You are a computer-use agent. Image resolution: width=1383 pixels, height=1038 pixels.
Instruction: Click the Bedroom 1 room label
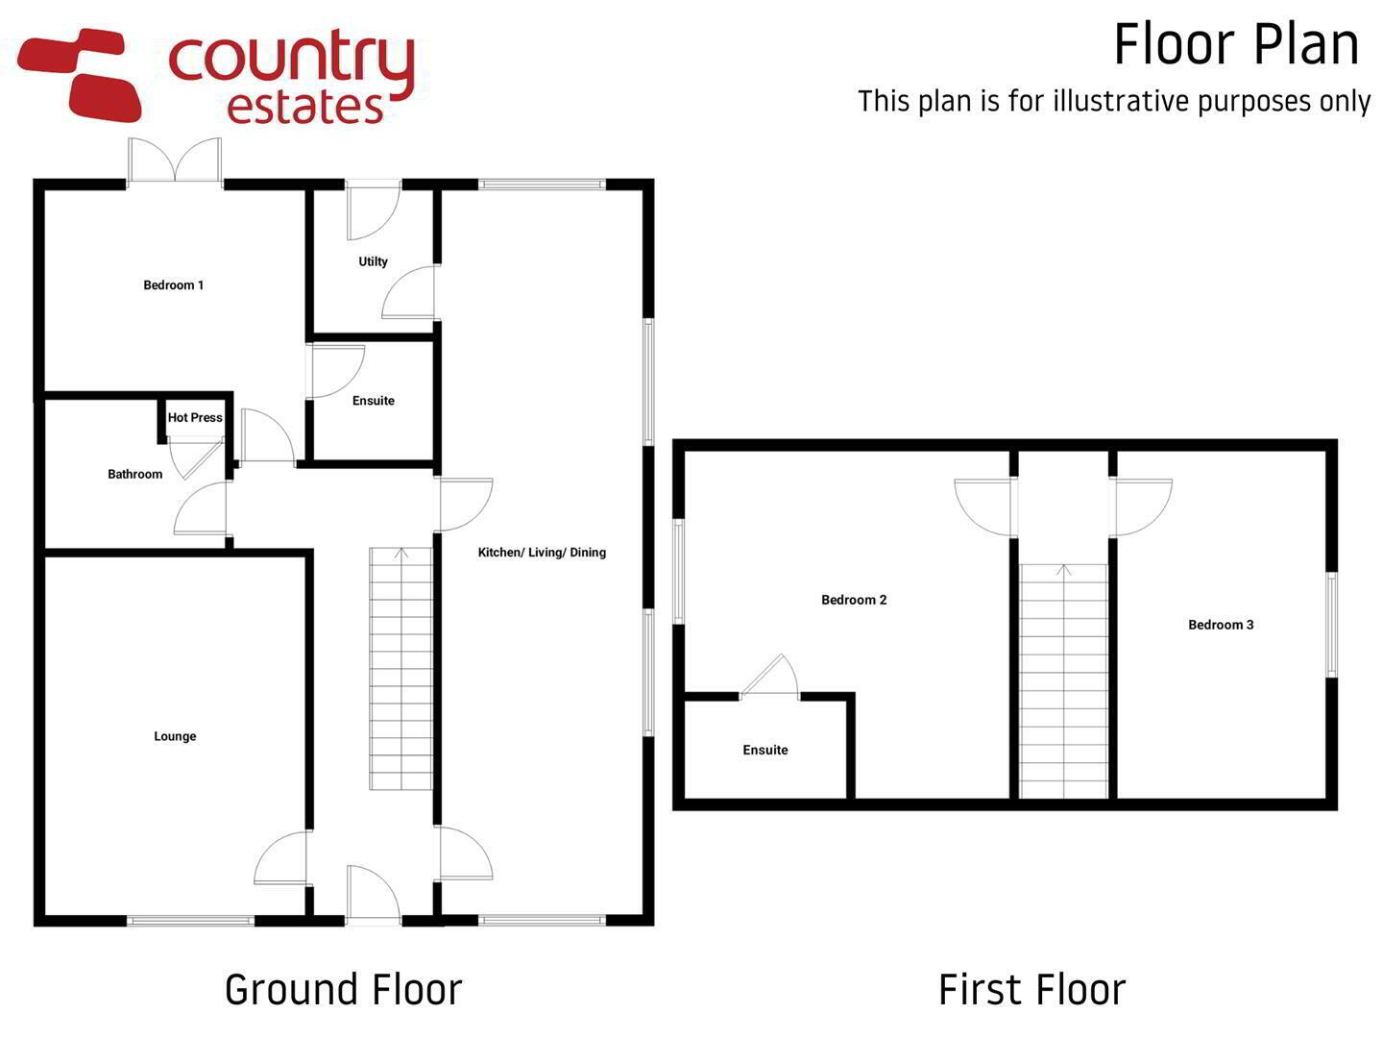pyautogui.click(x=173, y=285)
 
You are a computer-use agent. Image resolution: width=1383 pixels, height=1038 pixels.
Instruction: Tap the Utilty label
pyautogui.click(x=373, y=261)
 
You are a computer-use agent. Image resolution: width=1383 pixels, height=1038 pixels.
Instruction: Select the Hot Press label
pyautogui.click(x=195, y=417)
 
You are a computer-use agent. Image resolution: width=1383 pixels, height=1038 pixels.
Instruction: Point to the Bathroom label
pyautogui.click(x=134, y=474)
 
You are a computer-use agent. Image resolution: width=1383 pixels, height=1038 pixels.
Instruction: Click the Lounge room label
pyautogui.click(x=175, y=736)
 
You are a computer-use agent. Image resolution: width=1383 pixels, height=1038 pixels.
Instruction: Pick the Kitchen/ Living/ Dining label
pyautogui.click(x=542, y=553)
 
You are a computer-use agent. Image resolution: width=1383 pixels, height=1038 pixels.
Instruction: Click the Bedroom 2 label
pyautogui.click(x=854, y=600)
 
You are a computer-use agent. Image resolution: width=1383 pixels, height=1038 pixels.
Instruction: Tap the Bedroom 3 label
pyautogui.click(x=1221, y=625)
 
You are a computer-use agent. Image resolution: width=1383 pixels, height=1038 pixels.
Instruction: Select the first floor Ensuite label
pyautogui.click(x=764, y=750)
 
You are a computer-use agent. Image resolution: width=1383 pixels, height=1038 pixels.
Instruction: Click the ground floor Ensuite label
pyautogui.click(x=373, y=401)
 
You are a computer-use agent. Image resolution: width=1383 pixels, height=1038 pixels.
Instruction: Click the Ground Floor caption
pyautogui.click(x=344, y=990)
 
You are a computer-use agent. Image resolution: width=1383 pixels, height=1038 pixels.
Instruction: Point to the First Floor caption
pyautogui.click(x=1032, y=990)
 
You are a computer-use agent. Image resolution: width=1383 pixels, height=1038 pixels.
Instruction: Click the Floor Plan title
pyautogui.click(x=1236, y=44)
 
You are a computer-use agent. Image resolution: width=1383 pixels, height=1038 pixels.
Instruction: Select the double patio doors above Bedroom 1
pyautogui.click(x=175, y=161)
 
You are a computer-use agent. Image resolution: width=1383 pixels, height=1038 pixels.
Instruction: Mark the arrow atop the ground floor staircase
pyautogui.click(x=401, y=554)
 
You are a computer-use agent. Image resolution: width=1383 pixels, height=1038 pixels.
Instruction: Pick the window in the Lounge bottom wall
pyautogui.click(x=190, y=921)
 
